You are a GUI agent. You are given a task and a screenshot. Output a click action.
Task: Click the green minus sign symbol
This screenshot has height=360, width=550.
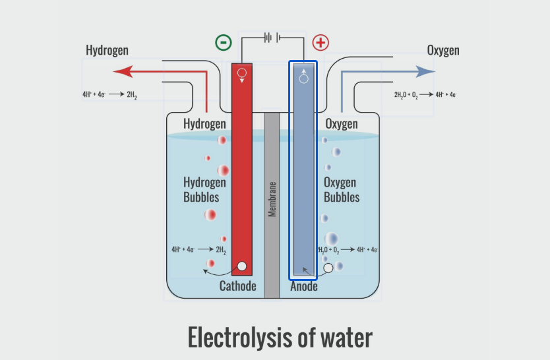[224, 43]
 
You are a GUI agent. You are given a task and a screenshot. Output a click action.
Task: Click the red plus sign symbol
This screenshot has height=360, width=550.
[321, 43]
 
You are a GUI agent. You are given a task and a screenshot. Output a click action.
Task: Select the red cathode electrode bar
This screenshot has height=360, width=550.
[242, 171]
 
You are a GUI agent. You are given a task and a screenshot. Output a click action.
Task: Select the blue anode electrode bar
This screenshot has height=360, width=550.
[303, 171]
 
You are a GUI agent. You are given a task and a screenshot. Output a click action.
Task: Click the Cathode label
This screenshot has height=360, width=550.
[237, 286]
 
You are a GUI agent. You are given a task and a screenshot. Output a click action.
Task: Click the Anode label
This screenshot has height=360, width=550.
[304, 286]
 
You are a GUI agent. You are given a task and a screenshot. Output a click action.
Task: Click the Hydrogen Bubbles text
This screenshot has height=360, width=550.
[204, 189]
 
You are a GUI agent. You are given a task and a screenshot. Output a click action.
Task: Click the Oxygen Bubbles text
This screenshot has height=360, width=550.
[342, 189]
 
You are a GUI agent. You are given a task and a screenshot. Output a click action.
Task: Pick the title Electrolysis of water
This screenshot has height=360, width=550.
[280, 337]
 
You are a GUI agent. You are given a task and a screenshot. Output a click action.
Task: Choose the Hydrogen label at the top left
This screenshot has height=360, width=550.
[107, 51]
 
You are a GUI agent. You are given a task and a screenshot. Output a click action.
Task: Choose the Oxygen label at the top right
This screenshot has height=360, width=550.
[443, 51]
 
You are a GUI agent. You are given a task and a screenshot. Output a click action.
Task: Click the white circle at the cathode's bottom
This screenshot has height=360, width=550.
[242, 266]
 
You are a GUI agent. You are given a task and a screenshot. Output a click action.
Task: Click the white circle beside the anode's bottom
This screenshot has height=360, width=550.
[328, 268]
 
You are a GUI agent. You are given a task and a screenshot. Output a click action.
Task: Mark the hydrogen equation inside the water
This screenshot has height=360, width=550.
[199, 250]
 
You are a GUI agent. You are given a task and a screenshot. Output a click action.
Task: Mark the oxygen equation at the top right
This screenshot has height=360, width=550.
[425, 95]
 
